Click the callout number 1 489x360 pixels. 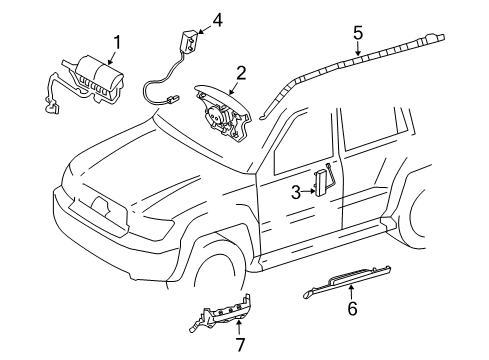coord(117,43)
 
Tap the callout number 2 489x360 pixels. coord(241,74)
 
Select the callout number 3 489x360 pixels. coord(296,192)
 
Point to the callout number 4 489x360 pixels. coord(217,20)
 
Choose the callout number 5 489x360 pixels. coord(358,33)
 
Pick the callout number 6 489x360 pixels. coord(352,308)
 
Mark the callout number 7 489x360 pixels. coord(240,344)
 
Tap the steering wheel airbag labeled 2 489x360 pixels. coord(224,112)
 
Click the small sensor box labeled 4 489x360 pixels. coord(189,40)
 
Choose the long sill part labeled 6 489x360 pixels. coord(347,281)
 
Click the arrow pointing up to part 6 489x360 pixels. coord(351,292)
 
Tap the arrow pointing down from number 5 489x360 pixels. coord(358,49)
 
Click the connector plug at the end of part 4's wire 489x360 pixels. coord(172,98)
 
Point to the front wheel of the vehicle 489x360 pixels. coord(218,272)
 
